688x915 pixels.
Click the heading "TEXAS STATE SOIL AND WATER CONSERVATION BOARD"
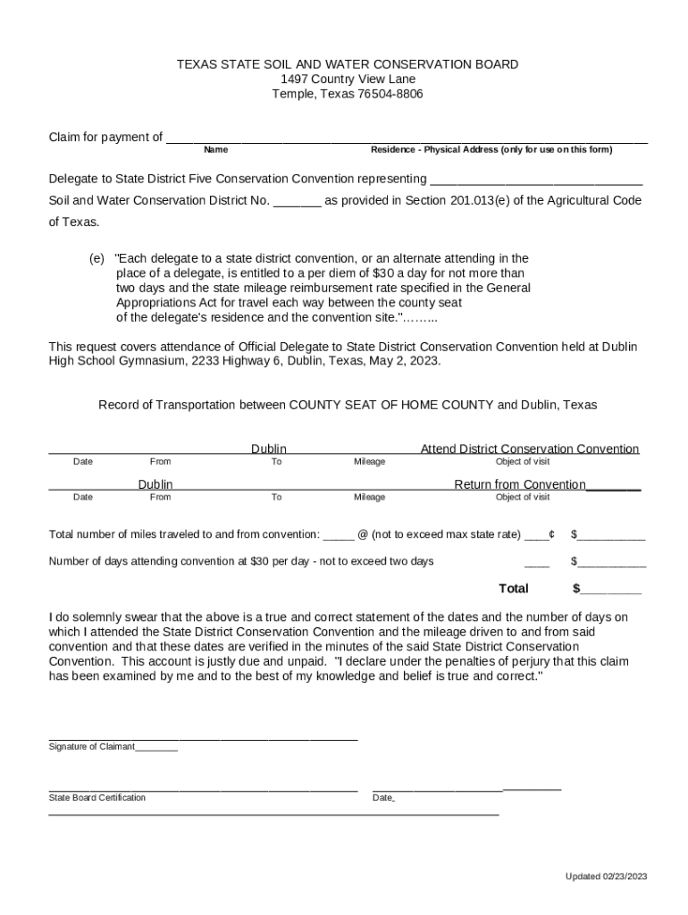click(347, 64)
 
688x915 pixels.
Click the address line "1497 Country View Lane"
click(348, 79)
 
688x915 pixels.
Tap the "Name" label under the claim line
click(215, 150)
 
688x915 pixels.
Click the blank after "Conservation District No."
click(297, 201)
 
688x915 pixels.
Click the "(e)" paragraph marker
click(96, 259)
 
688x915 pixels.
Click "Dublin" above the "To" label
click(269, 449)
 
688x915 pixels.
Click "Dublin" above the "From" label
click(155, 484)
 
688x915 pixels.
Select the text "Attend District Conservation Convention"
click(529, 449)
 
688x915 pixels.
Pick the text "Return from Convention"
click(520, 484)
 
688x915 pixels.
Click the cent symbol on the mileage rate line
click(552, 534)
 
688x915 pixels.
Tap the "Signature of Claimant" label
click(91, 746)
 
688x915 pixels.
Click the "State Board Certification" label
click(96, 797)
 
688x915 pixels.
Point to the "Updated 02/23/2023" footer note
click(605, 877)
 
